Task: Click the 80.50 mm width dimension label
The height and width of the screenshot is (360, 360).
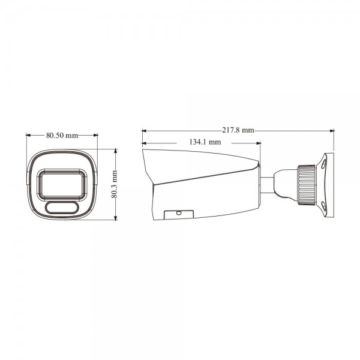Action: coord(62,135)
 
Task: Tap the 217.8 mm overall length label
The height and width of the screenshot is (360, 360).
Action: coord(238,130)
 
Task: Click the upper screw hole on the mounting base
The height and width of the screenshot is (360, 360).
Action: coord(324,162)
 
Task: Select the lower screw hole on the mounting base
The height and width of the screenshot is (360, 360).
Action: coord(324,205)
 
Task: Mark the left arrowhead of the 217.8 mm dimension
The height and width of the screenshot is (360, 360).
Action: coord(143,130)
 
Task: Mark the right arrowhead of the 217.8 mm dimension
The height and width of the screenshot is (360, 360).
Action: coord(332,130)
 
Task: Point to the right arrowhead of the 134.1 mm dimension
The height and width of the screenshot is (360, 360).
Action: coord(259,143)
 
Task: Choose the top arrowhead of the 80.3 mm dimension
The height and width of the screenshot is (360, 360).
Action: coord(115,150)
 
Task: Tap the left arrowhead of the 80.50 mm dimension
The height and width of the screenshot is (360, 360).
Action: coord(28,136)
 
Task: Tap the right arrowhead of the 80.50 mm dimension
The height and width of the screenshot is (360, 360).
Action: coord(96,136)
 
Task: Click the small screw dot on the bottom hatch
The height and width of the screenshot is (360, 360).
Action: coord(179,212)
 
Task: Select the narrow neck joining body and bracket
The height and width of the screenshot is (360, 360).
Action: coord(267,183)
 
